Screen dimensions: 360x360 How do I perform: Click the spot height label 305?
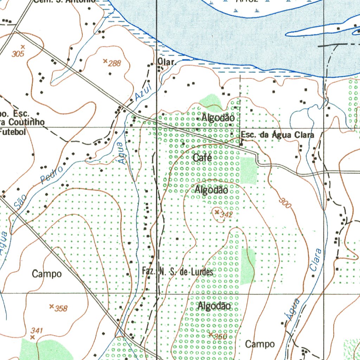click(18, 54)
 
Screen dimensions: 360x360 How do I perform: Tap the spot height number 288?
click(114, 64)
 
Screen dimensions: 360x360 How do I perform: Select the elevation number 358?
click(61, 309)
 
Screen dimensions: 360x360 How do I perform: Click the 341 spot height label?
click(37, 330)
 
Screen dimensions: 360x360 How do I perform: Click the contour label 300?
click(285, 203)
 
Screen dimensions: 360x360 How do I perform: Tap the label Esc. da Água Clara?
click(277, 135)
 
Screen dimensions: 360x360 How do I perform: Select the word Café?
click(202, 158)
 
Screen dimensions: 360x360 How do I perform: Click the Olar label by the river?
click(166, 62)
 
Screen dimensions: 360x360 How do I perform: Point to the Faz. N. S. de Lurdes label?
click(178, 272)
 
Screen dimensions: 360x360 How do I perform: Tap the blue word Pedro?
click(52, 175)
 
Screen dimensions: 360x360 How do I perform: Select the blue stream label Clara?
click(316, 259)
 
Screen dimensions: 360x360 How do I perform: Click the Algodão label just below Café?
click(211, 190)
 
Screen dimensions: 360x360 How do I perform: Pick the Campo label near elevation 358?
click(47, 274)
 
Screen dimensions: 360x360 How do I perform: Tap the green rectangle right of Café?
click(249, 171)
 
